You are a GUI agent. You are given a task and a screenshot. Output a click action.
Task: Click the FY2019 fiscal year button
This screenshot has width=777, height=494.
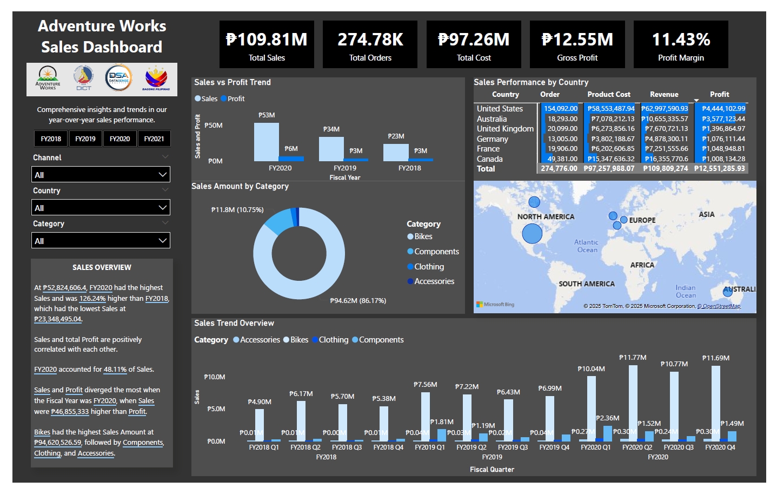85,139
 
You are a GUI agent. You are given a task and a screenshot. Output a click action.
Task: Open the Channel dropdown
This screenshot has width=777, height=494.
101,175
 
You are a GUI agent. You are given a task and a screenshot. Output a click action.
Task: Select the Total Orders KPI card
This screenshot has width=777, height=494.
370,44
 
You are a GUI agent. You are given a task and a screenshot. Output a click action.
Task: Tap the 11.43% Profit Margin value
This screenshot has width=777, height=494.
681,39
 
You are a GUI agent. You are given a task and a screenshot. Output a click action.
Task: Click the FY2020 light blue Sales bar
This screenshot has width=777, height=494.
267,142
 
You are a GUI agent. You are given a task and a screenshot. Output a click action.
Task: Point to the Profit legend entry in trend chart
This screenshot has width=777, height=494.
233,99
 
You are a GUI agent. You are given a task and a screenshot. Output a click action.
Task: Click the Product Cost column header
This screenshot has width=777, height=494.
609,95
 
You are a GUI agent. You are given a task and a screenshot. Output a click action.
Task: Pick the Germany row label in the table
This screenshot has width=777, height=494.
492,139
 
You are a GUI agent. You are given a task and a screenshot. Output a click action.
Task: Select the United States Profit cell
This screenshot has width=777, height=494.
723,109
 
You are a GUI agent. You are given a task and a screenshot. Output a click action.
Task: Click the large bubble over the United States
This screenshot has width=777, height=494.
532,234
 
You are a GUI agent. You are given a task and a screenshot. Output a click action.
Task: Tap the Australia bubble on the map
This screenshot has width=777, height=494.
727,292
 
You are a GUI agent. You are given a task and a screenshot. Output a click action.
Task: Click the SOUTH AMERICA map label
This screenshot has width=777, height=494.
587,284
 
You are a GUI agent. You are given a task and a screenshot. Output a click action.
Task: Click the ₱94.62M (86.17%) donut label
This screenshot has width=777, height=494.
358,301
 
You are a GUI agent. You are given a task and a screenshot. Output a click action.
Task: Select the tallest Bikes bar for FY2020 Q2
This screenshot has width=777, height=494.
633,403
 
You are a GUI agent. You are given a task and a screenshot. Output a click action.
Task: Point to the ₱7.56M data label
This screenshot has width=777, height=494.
425,385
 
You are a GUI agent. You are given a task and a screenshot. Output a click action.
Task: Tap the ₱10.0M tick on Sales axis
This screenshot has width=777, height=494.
215,377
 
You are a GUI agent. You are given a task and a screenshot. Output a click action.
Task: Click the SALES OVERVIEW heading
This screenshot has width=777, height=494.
102,267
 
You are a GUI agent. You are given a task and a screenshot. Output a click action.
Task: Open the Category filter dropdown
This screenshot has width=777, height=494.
101,241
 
